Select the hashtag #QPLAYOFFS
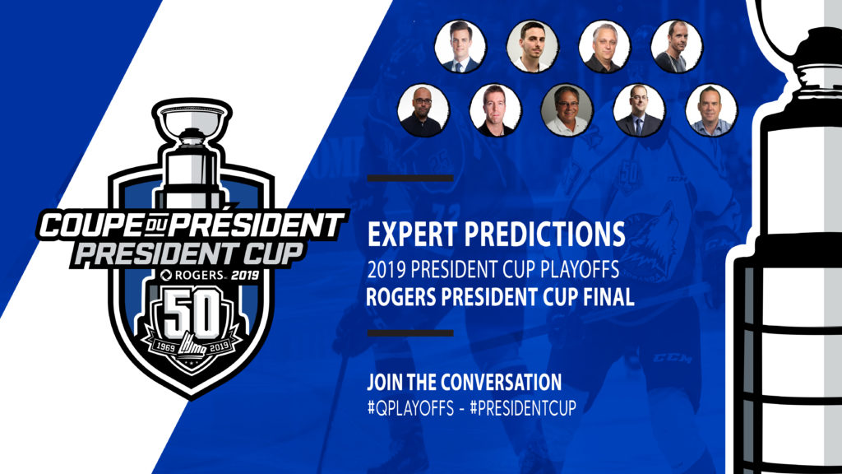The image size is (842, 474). [411, 408]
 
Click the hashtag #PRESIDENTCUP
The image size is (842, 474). [523, 408]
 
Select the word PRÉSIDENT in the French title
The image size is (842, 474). [257, 225]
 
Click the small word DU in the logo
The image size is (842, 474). [155, 228]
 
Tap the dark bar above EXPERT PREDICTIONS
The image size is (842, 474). [410, 179]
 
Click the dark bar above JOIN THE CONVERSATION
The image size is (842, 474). [410, 333]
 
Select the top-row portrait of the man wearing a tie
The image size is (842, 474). [460, 47]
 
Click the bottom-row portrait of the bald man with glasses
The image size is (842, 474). [423, 110]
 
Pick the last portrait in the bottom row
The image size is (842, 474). [711, 110]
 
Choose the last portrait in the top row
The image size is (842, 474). [677, 47]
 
